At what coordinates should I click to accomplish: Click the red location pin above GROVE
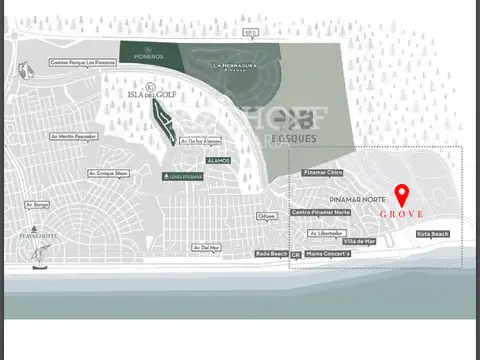(x=403, y=194)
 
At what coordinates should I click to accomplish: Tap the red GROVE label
(x=402, y=214)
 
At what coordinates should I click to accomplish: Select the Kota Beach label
(x=433, y=234)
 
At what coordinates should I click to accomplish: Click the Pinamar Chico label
(x=322, y=173)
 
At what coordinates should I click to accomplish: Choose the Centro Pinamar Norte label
(x=321, y=212)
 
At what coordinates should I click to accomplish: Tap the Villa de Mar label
(x=359, y=241)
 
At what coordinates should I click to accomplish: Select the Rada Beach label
(x=271, y=254)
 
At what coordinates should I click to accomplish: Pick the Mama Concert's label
(x=328, y=254)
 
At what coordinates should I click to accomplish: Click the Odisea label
(x=267, y=216)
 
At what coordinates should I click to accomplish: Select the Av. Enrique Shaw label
(x=108, y=173)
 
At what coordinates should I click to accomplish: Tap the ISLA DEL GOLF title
(x=153, y=96)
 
